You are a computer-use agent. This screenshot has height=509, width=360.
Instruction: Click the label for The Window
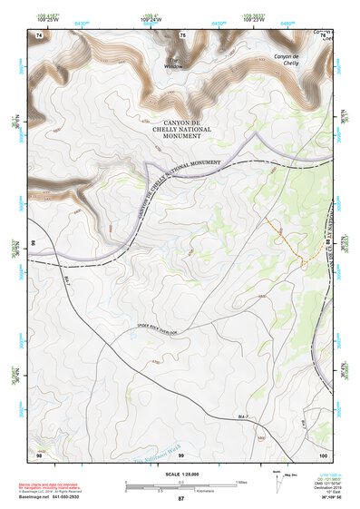(x=174, y=64)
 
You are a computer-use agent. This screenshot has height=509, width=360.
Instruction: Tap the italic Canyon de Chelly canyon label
(x=299, y=59)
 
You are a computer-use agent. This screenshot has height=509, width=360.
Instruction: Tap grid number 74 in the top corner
(x=39, y=34)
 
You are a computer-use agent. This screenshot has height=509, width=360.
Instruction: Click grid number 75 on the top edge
(x=182, y=34)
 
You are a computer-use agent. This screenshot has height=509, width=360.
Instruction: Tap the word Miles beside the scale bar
(x=240, y=482)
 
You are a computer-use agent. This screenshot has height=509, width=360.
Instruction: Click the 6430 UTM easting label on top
(x=83, y=22)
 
